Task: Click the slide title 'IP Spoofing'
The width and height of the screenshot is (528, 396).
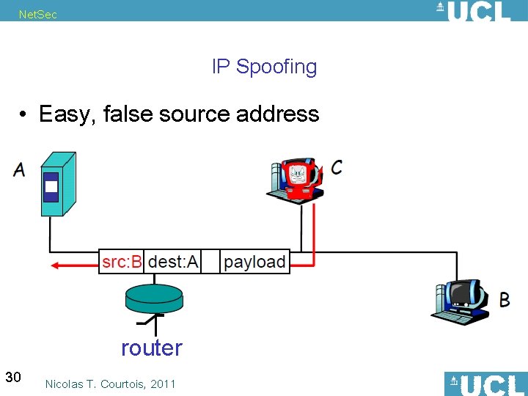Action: pos(264,67)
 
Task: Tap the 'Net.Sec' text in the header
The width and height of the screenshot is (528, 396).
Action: pos(38,14)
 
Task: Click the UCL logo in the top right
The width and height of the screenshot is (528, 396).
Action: pos(472,11)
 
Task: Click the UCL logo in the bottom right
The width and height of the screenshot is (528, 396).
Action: pos(485,384)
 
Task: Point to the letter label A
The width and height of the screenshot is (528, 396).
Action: pos(19,170)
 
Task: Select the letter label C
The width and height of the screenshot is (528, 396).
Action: pos(336,167)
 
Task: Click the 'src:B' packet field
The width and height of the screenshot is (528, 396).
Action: pos(122,262)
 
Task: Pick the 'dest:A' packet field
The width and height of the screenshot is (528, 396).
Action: pos(173,262)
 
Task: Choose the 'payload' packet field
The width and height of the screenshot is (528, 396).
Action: pos(254,262)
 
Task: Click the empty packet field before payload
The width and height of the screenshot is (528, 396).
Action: pos(210,262)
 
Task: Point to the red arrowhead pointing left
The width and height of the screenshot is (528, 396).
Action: pos(54,265)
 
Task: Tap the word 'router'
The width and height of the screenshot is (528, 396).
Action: pos(151,348)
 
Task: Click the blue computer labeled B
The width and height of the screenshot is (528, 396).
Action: pos(459,301)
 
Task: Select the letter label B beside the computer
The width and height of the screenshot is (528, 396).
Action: pos(505,299)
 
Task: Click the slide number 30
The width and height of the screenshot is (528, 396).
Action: pos(12,377)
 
